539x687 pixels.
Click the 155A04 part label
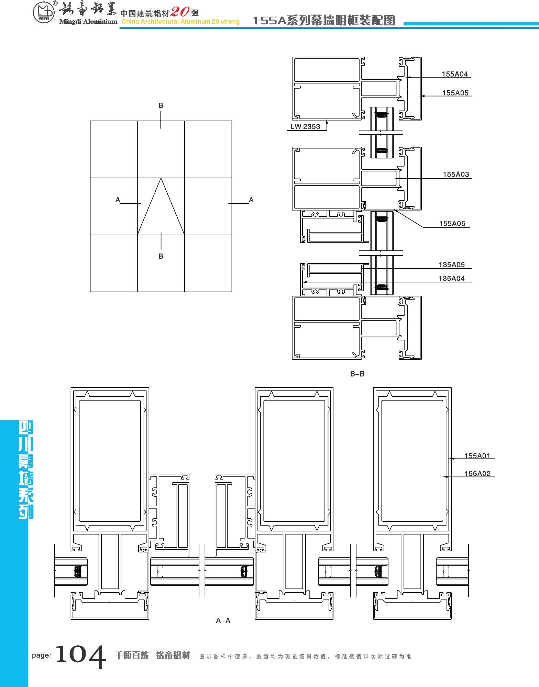point(454,74)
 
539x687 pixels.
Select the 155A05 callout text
point(455,93)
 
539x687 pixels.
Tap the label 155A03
point(455,174)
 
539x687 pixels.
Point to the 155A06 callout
point(452,223)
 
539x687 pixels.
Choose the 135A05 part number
point(451,264)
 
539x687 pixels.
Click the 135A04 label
point(451,278)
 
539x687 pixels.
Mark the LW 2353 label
point(305,126)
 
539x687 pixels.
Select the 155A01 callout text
point(477,455)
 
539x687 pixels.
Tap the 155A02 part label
point(477,473)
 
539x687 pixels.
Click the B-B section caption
point(357,374)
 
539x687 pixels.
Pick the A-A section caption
point(223,620)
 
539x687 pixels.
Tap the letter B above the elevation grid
point(161,105)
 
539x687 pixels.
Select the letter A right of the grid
point(251,200)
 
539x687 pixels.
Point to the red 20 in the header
point(180,12)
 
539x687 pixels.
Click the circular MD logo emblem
point(44,13)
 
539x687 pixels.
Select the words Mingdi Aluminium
point(88,22)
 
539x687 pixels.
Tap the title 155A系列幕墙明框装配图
point(324,21)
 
